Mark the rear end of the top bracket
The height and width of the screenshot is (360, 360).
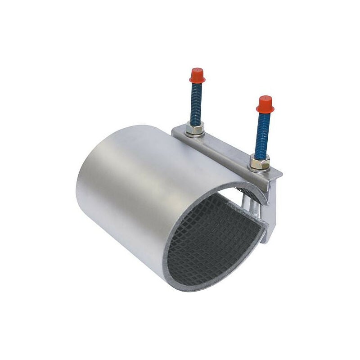[175, 131]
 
